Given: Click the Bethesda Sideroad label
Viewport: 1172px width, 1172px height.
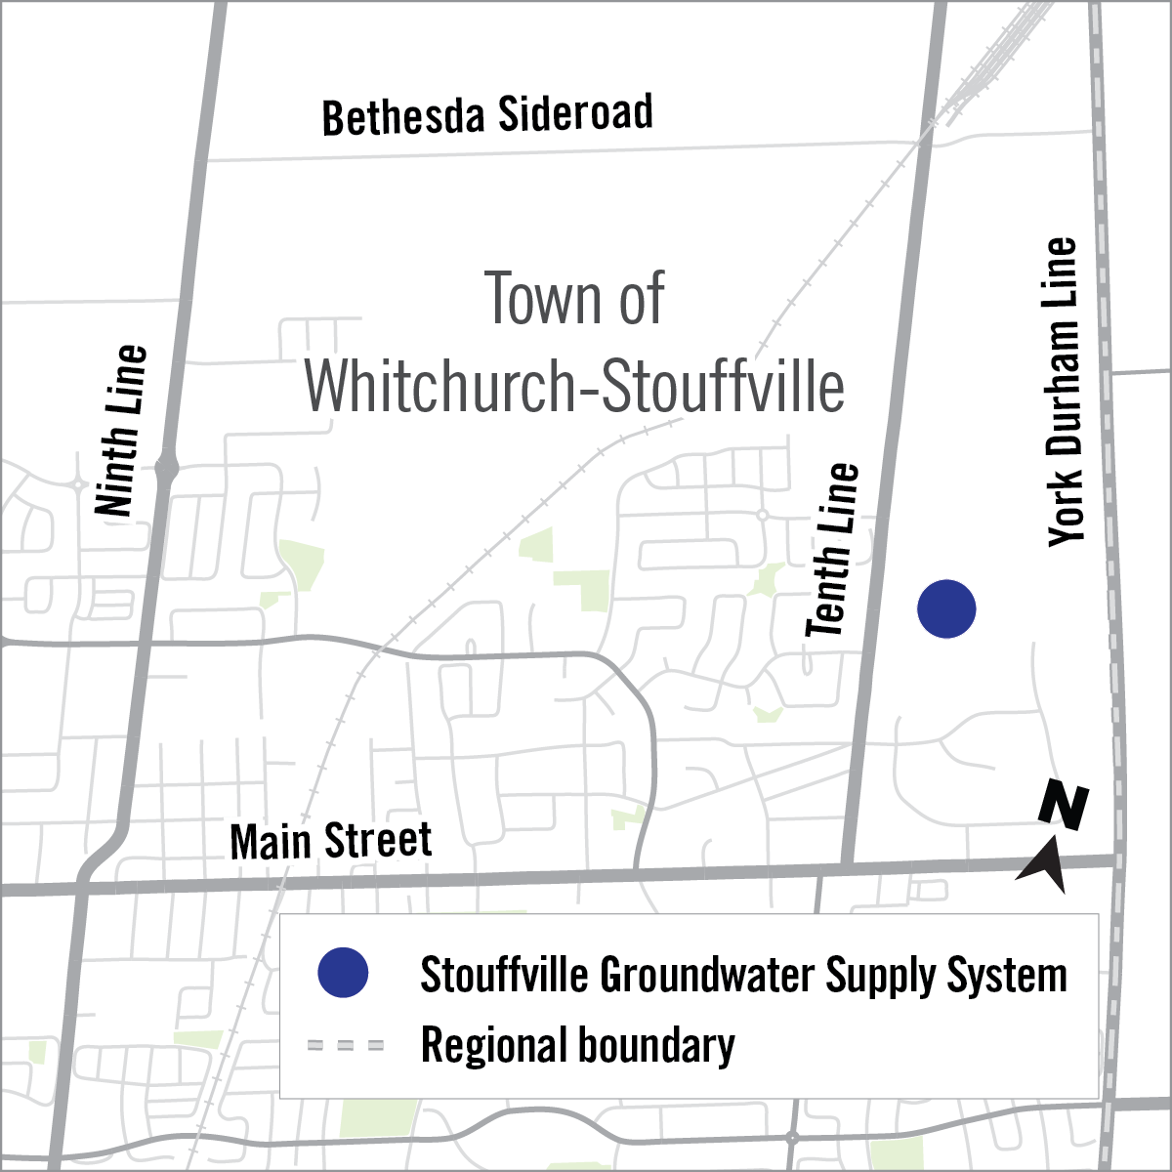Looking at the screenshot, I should tap(487, 115).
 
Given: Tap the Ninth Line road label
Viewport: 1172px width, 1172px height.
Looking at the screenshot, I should tap(121, 430).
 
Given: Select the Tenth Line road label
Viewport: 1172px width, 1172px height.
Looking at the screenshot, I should tap(833, 550).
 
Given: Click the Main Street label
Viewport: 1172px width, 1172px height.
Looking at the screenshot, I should tap(330, 841).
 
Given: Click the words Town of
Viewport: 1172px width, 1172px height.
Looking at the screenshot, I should tap(574, 299).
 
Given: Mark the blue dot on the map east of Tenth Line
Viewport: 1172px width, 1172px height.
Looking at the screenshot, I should tap(946, 608).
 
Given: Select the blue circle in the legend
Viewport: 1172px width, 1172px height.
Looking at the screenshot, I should tap(343, 973).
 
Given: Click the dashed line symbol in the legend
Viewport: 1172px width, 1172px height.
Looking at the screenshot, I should tap(346, 1045).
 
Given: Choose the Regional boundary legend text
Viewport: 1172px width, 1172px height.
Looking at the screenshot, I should tap(577, 1045).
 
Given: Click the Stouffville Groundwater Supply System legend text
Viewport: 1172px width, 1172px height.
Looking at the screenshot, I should tap(743, 975).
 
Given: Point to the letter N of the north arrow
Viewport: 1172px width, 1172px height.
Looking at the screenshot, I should tap(1063, 806).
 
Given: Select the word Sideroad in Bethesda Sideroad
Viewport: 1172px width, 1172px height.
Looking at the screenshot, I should tap(575, 113).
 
